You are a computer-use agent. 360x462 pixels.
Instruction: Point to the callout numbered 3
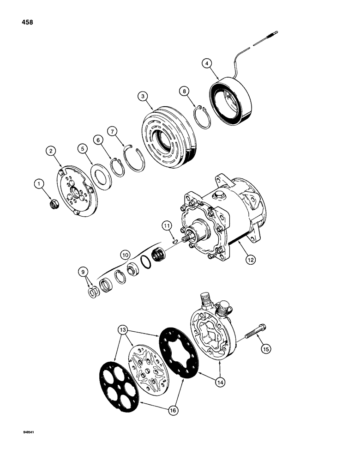[144, 97]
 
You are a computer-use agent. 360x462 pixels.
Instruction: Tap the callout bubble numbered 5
[82, 149]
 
